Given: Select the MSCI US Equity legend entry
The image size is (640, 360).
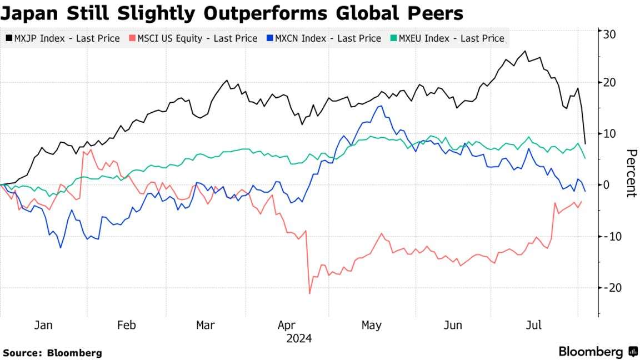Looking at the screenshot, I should pos(193,38).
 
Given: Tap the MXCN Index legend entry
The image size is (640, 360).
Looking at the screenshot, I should pos(324,38).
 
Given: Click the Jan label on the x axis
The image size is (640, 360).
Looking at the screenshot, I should pos(43,325).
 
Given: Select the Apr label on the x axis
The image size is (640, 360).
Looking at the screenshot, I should pos(287,325).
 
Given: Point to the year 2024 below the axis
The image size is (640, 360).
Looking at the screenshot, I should pos(299,338).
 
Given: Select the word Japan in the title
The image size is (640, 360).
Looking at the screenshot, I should pos(31,13).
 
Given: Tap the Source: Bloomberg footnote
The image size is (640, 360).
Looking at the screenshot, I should pos(52,353).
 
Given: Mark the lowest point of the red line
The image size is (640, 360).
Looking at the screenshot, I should pos(309,293).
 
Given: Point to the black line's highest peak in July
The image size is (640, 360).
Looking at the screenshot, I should pos(525,51).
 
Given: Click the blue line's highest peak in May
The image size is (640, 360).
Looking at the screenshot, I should pos(381,106).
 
